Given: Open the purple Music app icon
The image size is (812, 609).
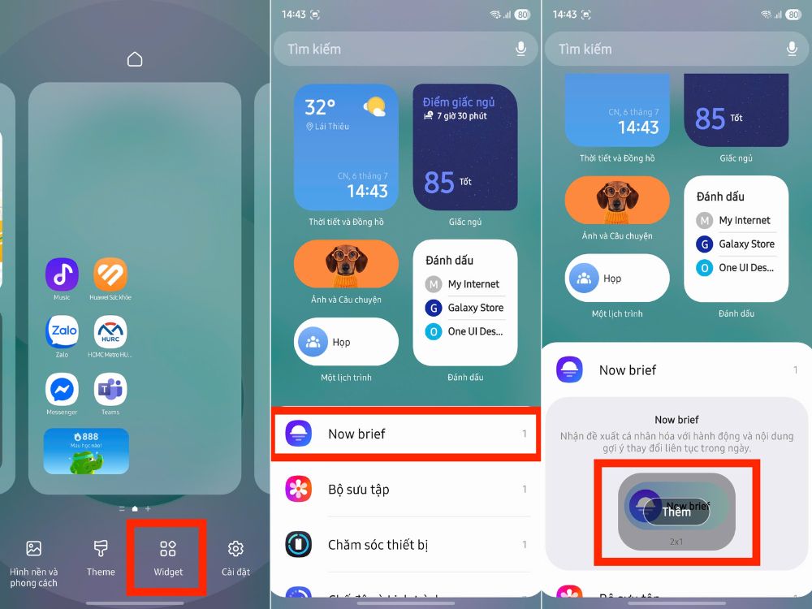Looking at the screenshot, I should coord(62,274).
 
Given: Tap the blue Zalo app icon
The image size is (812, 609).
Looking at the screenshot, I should coord(62,332).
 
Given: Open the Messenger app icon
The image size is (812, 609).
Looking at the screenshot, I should coord(62,390).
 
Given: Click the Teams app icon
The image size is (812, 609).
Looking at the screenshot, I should coord(110,390).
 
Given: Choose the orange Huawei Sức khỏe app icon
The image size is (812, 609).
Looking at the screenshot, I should coord(110,274).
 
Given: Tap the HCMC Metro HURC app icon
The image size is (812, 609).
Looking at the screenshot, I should coord(110,332).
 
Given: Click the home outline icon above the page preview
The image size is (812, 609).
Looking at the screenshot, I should coord(135,59).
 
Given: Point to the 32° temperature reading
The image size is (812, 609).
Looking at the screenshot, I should coord(320,107).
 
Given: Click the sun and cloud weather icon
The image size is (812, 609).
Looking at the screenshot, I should coord(374,106).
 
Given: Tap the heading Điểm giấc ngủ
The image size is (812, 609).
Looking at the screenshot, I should coord(459,102).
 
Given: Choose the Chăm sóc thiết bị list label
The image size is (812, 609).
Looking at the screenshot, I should coord(378,545).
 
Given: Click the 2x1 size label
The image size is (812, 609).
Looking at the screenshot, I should coord(676,540).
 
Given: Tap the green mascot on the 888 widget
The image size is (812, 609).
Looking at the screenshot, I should coord(84,461).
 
